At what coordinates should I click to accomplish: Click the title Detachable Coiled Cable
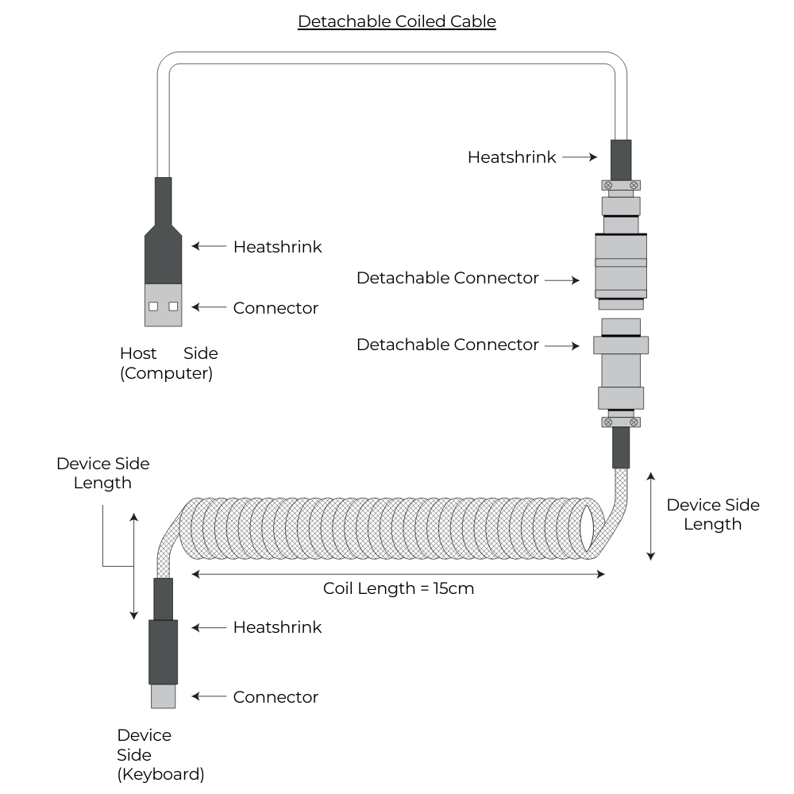point(396,21)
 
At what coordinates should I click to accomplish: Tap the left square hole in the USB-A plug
point(153,306)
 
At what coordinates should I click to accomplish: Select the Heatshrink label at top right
point(513,157)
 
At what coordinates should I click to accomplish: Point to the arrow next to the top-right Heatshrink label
point(580,157)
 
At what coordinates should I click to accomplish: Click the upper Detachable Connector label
point(447,279)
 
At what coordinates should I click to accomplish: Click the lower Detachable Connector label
point(447,345)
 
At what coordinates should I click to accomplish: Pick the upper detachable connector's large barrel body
point(621,265)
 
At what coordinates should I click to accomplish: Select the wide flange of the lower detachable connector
point(621,345)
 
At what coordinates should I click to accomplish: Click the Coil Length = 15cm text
point(399,588)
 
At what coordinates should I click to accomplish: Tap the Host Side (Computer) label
point(168,363)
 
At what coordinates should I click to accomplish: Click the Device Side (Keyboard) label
point(160,754)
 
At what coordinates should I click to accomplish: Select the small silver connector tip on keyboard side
point(163,696)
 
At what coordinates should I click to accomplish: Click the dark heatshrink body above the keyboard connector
point(163,651)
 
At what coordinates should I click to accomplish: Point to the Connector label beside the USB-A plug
point(276,308)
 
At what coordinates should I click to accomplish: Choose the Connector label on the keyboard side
point(276,697)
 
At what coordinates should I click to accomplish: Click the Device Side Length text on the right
point(712,515)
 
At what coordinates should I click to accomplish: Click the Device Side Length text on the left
point(102,472)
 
